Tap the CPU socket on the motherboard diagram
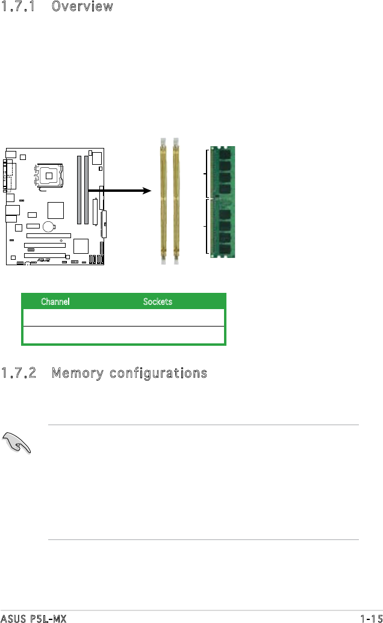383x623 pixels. [49, 176]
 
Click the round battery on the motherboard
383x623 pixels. [49, 227]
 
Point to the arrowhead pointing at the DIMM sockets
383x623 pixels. [145, 191]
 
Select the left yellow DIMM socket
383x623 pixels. [163, 201]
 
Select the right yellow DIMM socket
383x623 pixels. [176, 201]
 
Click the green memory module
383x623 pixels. [223, 202]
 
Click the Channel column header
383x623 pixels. [55, 301]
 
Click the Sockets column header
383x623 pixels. [158, 301]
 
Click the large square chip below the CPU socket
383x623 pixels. [55, 210]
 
